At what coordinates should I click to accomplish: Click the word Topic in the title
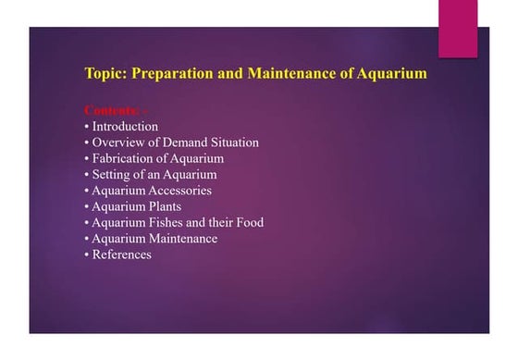point(105,73)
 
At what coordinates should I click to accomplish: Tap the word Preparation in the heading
point(176,73)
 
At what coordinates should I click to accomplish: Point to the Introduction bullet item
point(125,127)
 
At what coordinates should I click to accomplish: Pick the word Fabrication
point(127,158)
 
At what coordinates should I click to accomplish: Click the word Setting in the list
point(113,174)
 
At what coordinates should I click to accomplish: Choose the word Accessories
point(179,191)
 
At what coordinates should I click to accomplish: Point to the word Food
point(248,222)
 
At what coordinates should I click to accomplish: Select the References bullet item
point(121,254)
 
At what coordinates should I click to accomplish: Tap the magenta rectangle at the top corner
point(457,28)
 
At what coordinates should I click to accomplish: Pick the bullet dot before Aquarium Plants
point(87,207)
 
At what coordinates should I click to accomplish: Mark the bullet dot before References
point(87,255)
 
